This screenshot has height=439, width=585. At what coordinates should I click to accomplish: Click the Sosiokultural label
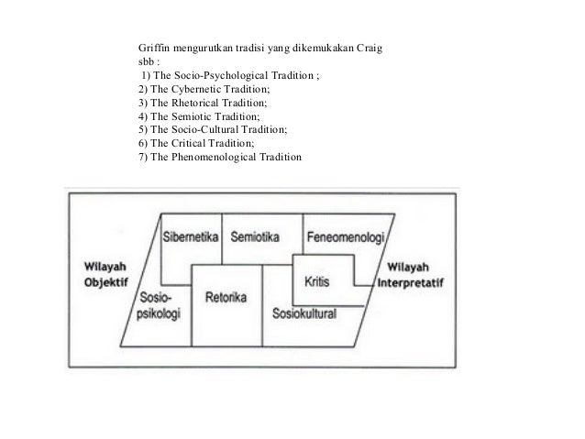(304, 313)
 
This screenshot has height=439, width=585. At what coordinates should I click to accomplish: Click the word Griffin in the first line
(152, 48)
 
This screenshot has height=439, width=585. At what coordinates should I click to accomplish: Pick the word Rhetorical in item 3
(193, 106)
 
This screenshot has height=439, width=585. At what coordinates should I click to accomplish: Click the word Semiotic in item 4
(190, 121)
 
